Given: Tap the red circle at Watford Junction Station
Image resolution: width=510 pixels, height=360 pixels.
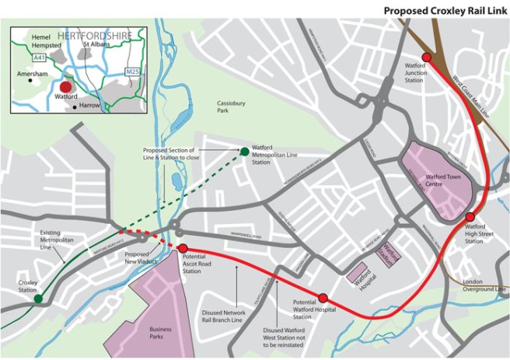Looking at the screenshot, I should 426,57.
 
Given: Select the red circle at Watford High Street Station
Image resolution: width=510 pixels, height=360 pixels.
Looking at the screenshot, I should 470,216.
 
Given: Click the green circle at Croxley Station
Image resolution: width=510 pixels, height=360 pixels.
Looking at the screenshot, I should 38,298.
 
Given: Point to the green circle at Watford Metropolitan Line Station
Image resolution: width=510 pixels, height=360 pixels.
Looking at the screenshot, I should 244,151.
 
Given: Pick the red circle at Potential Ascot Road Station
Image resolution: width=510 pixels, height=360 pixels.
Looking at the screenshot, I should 183,249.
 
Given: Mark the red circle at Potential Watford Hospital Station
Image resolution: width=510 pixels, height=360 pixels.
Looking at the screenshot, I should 323,298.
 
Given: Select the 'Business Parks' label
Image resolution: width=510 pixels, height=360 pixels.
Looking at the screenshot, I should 157,333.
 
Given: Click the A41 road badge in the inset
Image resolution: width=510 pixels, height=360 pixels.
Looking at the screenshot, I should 40,57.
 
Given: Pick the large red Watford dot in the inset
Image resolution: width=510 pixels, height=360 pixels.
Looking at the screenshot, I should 65,88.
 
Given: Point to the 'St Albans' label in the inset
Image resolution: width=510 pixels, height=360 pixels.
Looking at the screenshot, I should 98,44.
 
